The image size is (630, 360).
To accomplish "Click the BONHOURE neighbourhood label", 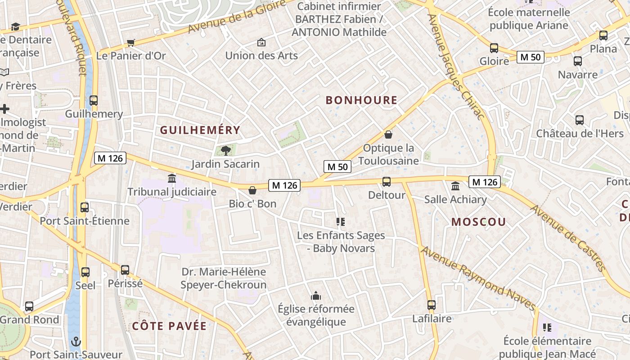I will coord(361,100).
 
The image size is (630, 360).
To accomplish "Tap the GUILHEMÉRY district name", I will coord(200,130).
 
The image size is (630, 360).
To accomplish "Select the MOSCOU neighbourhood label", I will coord(478,222).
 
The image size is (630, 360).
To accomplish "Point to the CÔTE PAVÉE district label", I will coord(169,326).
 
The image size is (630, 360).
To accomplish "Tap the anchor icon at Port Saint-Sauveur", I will coord(76,341).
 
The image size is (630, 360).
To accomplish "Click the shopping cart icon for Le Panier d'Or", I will coord(131,43).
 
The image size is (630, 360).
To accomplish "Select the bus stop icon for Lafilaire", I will coord(432,305).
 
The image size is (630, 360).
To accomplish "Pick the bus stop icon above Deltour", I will coord(387,182).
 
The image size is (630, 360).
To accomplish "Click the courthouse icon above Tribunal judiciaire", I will coord(172,178).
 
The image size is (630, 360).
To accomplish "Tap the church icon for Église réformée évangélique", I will coord(316,296).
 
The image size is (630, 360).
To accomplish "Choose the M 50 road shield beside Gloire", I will coord(531,57).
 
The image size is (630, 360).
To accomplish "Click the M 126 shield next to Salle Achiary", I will coord(484,182).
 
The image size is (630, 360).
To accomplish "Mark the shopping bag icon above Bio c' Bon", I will coord(252,190).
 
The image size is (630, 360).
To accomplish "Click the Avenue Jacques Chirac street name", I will coord(455,67).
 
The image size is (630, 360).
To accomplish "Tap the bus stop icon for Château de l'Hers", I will coord(580,120).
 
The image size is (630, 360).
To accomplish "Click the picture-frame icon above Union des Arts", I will coord(261,43).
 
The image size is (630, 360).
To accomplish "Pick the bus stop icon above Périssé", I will coord(125,270).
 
